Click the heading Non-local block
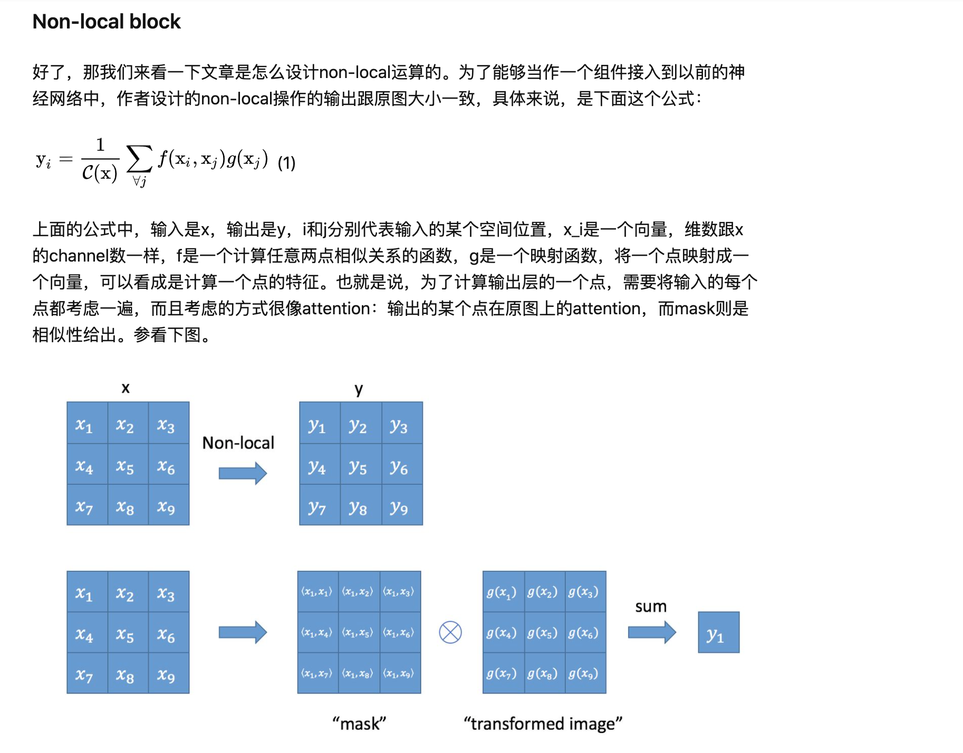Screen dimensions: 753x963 (107, 22)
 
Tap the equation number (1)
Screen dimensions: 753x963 (286, 163)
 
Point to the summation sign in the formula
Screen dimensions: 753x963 (139, 158)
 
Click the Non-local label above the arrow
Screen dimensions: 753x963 (238, 443)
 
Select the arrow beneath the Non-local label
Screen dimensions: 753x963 (243, 473)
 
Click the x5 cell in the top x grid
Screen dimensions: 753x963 (125, 466)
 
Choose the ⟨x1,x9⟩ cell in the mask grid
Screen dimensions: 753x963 (399, 673)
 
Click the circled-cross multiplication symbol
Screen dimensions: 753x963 (450, 632)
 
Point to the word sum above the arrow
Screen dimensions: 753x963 (651, 606)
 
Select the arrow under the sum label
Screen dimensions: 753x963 (652, 632)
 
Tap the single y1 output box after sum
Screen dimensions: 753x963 (718, 633)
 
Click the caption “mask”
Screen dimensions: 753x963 (359, 723)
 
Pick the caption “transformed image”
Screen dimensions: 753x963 (543, 723)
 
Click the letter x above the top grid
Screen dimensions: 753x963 (126, 389)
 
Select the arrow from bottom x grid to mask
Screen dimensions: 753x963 (243, 632)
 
